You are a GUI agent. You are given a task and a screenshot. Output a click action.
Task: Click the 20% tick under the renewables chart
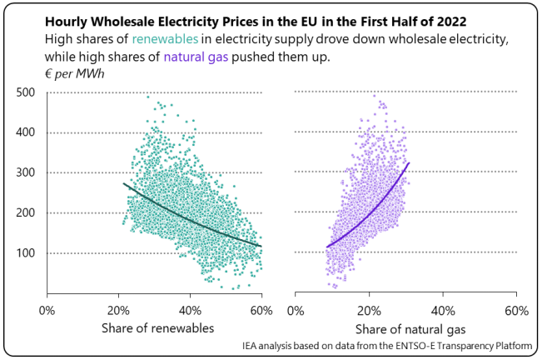118,310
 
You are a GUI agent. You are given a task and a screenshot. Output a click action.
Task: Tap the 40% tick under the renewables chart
190,310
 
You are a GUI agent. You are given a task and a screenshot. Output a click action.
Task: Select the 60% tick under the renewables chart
261,310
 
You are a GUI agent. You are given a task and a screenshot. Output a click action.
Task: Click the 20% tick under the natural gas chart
370,310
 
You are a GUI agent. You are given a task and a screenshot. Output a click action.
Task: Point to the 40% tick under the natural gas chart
443,310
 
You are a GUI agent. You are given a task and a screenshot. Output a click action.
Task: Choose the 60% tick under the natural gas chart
516,310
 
